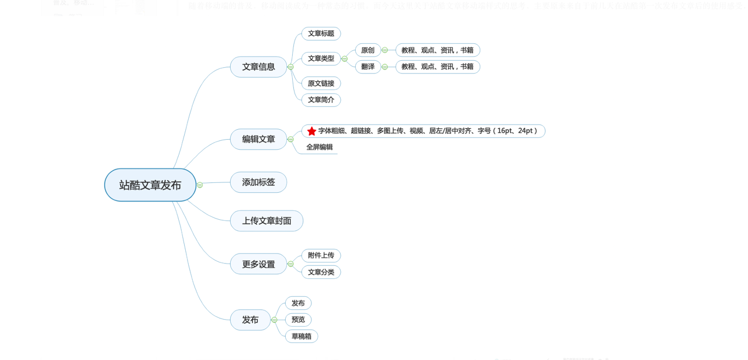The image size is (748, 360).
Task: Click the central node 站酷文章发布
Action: pos(150,185)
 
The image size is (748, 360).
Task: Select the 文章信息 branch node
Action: pos(258,67)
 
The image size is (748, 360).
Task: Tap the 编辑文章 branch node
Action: pos(258,140)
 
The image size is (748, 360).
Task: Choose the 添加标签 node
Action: pos(258,182)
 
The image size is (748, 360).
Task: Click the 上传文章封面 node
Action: pos(266,221)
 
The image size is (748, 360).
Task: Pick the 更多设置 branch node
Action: pos(258,264)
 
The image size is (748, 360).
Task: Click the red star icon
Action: pos(311,131)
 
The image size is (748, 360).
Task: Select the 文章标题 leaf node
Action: pos(321,34)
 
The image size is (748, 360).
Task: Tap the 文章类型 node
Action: pos(321,58)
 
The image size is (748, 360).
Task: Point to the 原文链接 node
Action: pos(321,84)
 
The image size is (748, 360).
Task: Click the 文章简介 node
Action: pos(321,100)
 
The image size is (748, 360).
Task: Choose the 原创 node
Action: pos(368,50)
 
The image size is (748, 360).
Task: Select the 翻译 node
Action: pos(368,67)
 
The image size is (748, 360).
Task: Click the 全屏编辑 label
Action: pos(319,147)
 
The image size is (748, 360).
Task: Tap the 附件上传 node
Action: pos(321,255)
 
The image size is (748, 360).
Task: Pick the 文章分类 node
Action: pos(321,272)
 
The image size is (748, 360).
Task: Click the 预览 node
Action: pos(298,320)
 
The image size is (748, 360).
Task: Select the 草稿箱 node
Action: pos(302,337)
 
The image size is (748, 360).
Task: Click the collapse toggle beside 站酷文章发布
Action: pos(200,185)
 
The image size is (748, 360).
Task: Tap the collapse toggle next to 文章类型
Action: pos(345,59)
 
